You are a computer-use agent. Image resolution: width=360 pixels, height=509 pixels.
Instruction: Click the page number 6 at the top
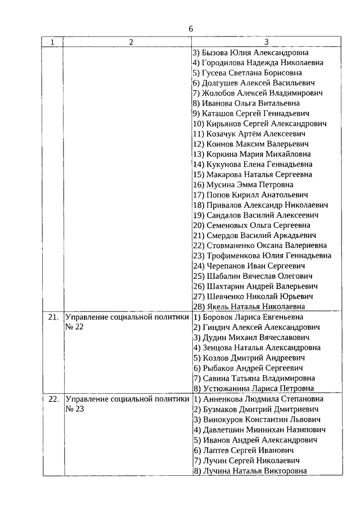tap(191, 29)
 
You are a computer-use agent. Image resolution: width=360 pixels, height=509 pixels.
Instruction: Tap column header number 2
tap(130, 42)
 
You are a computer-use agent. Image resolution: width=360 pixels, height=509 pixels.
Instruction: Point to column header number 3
tap(266, 42)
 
